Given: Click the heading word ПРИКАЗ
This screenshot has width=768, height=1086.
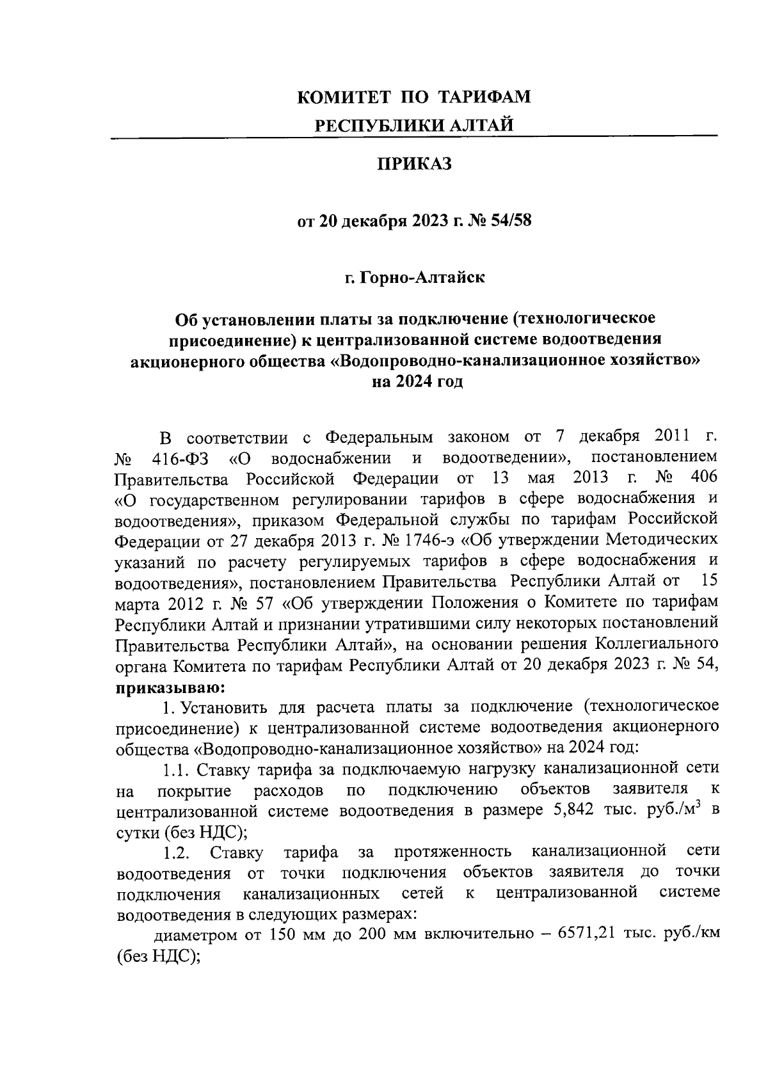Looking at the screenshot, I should (x=413, y=164).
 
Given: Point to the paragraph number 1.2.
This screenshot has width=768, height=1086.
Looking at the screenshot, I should (x=175, y=852).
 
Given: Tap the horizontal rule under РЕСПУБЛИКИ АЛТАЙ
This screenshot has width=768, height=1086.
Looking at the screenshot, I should (x=413, y=137).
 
